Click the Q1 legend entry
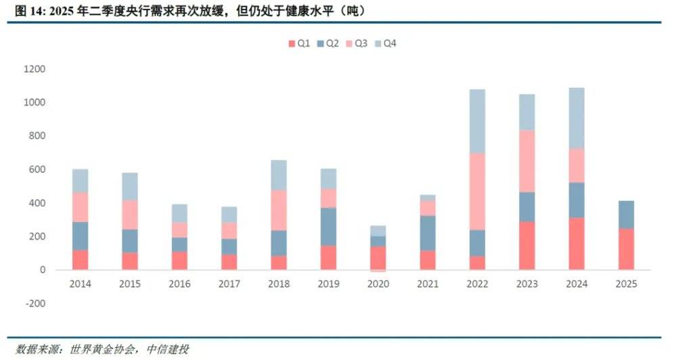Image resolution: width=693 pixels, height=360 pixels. (298, 43)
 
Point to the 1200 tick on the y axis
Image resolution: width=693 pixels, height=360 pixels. (33, 69)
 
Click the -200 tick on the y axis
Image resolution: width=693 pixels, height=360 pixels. (35, 303)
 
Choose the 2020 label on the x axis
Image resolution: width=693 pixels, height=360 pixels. (378, 284)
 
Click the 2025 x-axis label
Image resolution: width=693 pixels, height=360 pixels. (626, 284)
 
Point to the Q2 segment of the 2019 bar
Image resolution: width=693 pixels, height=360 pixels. (328, 227)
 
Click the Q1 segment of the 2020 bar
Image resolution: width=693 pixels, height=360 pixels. (378, 258)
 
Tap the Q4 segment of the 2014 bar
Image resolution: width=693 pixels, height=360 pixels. (81, 181)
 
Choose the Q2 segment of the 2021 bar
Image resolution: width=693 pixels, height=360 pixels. (428, 233)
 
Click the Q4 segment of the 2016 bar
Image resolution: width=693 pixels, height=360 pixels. (179, 213)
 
